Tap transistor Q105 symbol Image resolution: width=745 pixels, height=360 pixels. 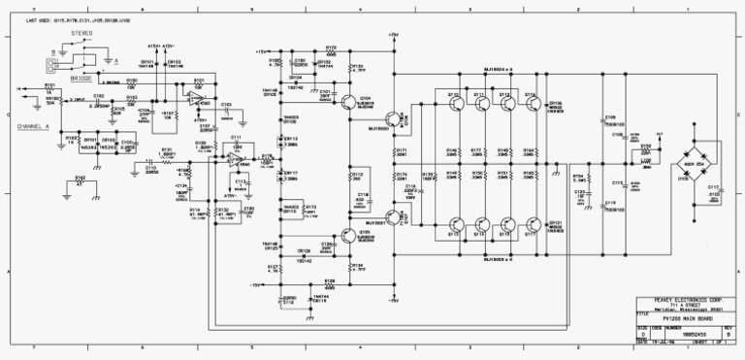346,236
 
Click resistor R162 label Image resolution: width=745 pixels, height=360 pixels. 80,179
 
